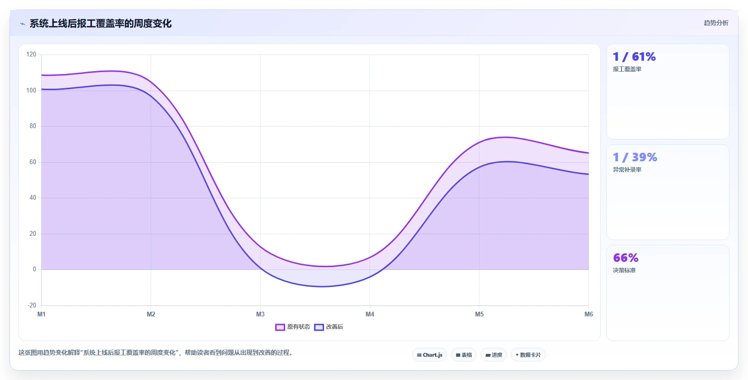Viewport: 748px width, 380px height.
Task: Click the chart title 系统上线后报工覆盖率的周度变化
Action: (x=100, y=23)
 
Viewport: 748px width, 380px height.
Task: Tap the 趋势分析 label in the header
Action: (x=716, y=23)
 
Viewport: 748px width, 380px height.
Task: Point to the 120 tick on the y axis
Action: (x=31, y=54)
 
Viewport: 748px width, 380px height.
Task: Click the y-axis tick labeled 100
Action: (x=31, y=90)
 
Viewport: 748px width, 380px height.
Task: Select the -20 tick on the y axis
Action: (x=32, y=305)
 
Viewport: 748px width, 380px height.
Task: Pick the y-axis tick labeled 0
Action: (x=35, y=269)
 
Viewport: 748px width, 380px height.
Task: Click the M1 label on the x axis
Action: (x=41, y=314)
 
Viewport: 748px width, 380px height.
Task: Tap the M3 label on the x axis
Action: (x=260, y=314)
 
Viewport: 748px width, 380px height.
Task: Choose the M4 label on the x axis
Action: (x=369, y=314)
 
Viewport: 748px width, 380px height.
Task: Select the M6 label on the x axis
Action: (x=588, y=314)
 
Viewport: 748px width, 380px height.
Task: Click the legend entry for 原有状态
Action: (x=293, y=327)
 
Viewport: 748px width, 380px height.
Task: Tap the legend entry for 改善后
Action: (x=329, y=327)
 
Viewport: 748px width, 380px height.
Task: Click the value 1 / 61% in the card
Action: (x=634, y=56)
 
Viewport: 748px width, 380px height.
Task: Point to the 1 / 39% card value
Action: (x=635, y=157)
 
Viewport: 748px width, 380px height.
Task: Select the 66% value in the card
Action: (x=625, y=258)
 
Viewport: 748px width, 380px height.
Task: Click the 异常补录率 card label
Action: (x=627, y=169)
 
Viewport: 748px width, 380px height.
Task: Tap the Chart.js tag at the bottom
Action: (x=430, y=355)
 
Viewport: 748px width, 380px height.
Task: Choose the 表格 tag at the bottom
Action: (x=464, y=355)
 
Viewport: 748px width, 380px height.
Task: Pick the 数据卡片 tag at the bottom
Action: (x=528, y=355)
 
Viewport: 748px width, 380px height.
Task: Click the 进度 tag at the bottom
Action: (x=494, y=355)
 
